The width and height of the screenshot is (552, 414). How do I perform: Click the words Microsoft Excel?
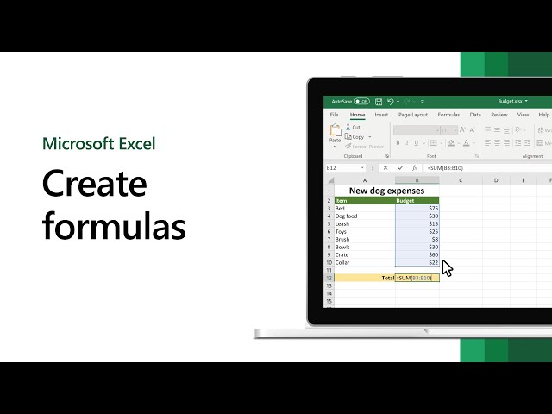(98, 143)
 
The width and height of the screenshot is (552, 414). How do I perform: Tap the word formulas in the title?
(115, 226)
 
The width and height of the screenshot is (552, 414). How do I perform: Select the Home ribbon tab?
(357, 115)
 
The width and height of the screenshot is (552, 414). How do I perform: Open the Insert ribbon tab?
(381, 115)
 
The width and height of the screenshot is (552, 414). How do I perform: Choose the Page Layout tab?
(413, 115)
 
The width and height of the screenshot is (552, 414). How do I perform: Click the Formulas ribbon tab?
(448, 115)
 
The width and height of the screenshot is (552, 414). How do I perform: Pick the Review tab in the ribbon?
(499, 115)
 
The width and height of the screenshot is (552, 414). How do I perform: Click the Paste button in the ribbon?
(335, 134)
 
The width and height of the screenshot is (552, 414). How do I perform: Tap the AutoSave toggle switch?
(361, 101)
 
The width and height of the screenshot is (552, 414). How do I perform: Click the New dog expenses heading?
(386, 191)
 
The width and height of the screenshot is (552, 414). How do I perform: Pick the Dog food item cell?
(347, 216)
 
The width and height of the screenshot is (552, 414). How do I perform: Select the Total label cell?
(387, 278)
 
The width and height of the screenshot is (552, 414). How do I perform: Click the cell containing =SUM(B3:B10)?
(417, 278)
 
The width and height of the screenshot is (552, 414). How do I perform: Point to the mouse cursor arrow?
(446, 268)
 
